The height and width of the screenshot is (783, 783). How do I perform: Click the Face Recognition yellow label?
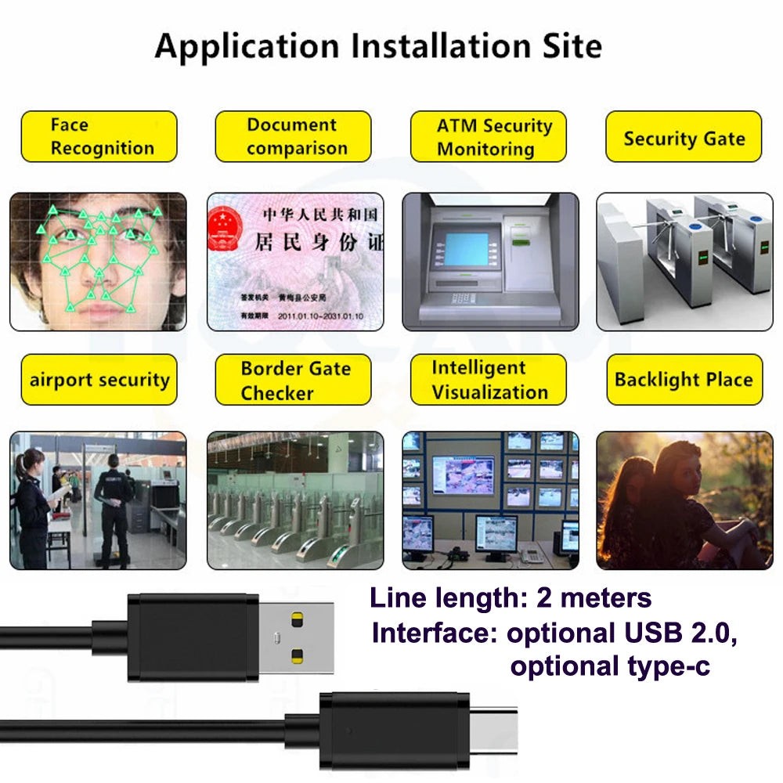(x=99, y=136)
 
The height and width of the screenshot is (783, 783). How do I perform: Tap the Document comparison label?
(x=293, y=136)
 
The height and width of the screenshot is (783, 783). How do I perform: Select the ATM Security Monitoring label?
(x=488, y=136)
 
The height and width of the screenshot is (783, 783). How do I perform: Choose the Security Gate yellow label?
(x=684, y=138)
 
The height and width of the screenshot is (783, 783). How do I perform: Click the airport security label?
(x=99, y=380)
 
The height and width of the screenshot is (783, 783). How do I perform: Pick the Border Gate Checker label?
(x=293, y=380)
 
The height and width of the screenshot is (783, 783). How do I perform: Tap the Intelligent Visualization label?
(x=488, y=380)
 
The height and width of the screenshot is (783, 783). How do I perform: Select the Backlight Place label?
(x=684, y=380)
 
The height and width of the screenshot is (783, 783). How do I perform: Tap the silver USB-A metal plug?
(x=295, y=637)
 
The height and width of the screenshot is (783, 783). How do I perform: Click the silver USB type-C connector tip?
(x=493, y=729)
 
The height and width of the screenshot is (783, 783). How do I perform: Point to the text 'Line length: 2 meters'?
(x=511, y=598)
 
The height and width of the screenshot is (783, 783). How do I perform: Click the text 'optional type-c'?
(x=610, y=666)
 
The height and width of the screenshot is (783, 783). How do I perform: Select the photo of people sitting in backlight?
(x=684, y=500)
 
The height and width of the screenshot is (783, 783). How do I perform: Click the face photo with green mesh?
(x=98, y=261)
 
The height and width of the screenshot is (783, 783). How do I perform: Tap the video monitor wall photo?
(x=490, y=500)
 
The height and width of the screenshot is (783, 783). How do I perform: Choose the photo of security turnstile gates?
(x=684, y=261)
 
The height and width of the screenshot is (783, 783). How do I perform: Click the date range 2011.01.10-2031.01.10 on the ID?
(x=320, y=316)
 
